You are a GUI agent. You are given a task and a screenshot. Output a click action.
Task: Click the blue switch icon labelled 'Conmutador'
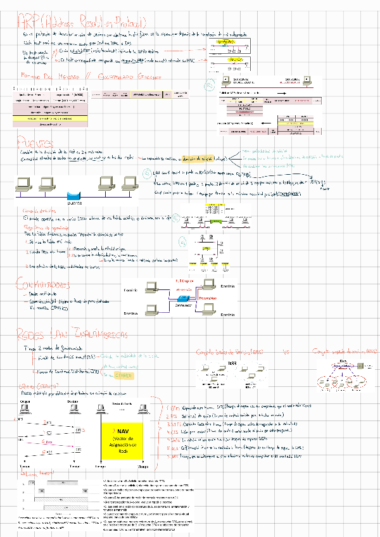coord(184,298)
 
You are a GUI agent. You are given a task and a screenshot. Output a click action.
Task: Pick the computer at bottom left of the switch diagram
coord(150,310)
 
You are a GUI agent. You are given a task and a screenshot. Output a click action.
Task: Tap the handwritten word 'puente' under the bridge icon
coord(76,203)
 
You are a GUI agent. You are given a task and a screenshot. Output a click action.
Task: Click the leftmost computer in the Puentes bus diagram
coord(24,184)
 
